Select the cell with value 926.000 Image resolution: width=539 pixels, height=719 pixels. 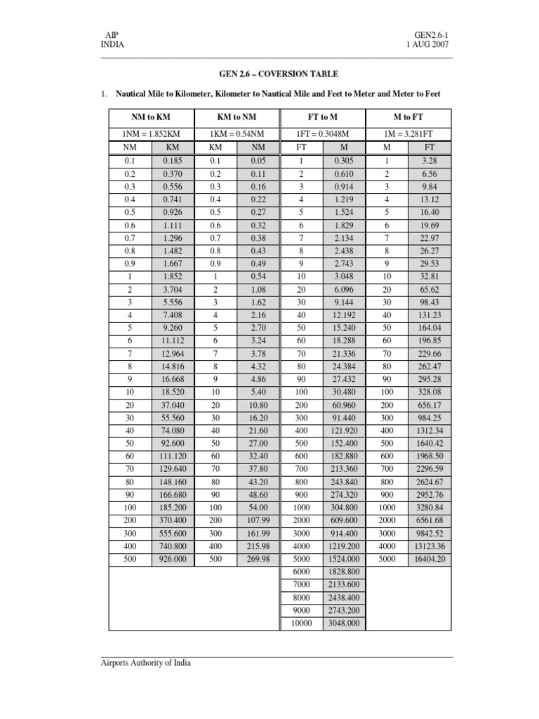172,560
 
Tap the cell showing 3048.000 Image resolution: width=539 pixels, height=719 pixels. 344,623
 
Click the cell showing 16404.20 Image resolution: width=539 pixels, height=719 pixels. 430,560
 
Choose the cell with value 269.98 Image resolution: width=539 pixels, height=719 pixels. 258,560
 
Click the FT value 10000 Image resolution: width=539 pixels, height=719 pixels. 301,623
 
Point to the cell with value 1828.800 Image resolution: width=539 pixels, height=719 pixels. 344,573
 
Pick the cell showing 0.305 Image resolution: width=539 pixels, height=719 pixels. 344,161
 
